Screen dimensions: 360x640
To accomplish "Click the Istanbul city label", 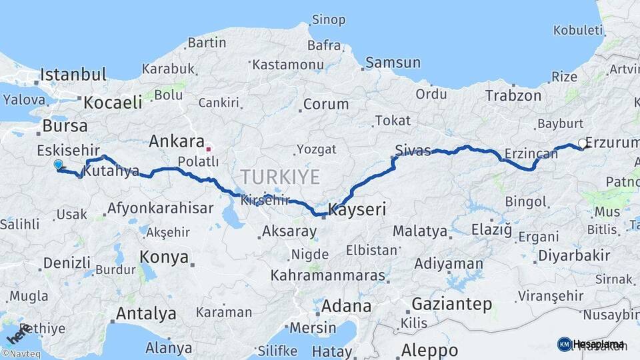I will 73,74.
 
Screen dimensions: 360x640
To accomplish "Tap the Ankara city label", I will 176,141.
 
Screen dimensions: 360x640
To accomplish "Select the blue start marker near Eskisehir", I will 58,165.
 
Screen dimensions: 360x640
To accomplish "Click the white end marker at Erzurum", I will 583,143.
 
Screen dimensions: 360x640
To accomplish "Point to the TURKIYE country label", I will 280,177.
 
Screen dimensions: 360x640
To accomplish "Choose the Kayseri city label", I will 357,210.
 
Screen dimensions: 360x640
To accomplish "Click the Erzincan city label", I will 531,154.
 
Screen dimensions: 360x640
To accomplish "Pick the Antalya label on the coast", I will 146,313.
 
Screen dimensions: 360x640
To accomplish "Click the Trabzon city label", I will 513,95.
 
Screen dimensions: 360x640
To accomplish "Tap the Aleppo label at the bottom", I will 429,350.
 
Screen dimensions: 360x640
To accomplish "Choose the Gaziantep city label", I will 452,304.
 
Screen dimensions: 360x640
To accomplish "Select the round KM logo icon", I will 564,344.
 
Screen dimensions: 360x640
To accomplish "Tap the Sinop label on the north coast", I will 329,20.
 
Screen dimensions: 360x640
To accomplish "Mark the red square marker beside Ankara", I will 209,149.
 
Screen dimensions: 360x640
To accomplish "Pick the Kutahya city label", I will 111,171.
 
